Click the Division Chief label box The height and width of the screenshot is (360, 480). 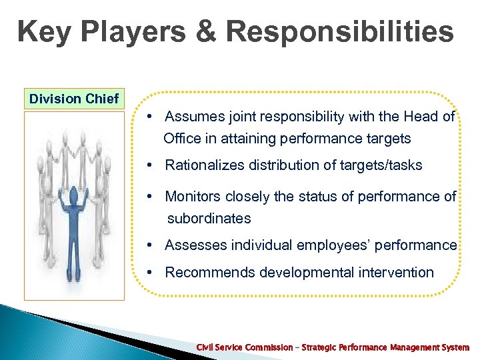(74, 99)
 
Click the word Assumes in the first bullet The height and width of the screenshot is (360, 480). (190, 117)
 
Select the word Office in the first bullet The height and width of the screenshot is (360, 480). (182, 139)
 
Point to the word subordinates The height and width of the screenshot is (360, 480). (209, 219)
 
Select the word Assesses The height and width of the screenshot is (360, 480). (195, 245)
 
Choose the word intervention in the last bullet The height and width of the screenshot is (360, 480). (397, 272)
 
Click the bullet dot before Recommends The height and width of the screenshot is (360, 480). (151, 272)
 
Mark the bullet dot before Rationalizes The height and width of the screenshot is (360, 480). (151, 165)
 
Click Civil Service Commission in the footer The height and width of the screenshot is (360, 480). (244, 347)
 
